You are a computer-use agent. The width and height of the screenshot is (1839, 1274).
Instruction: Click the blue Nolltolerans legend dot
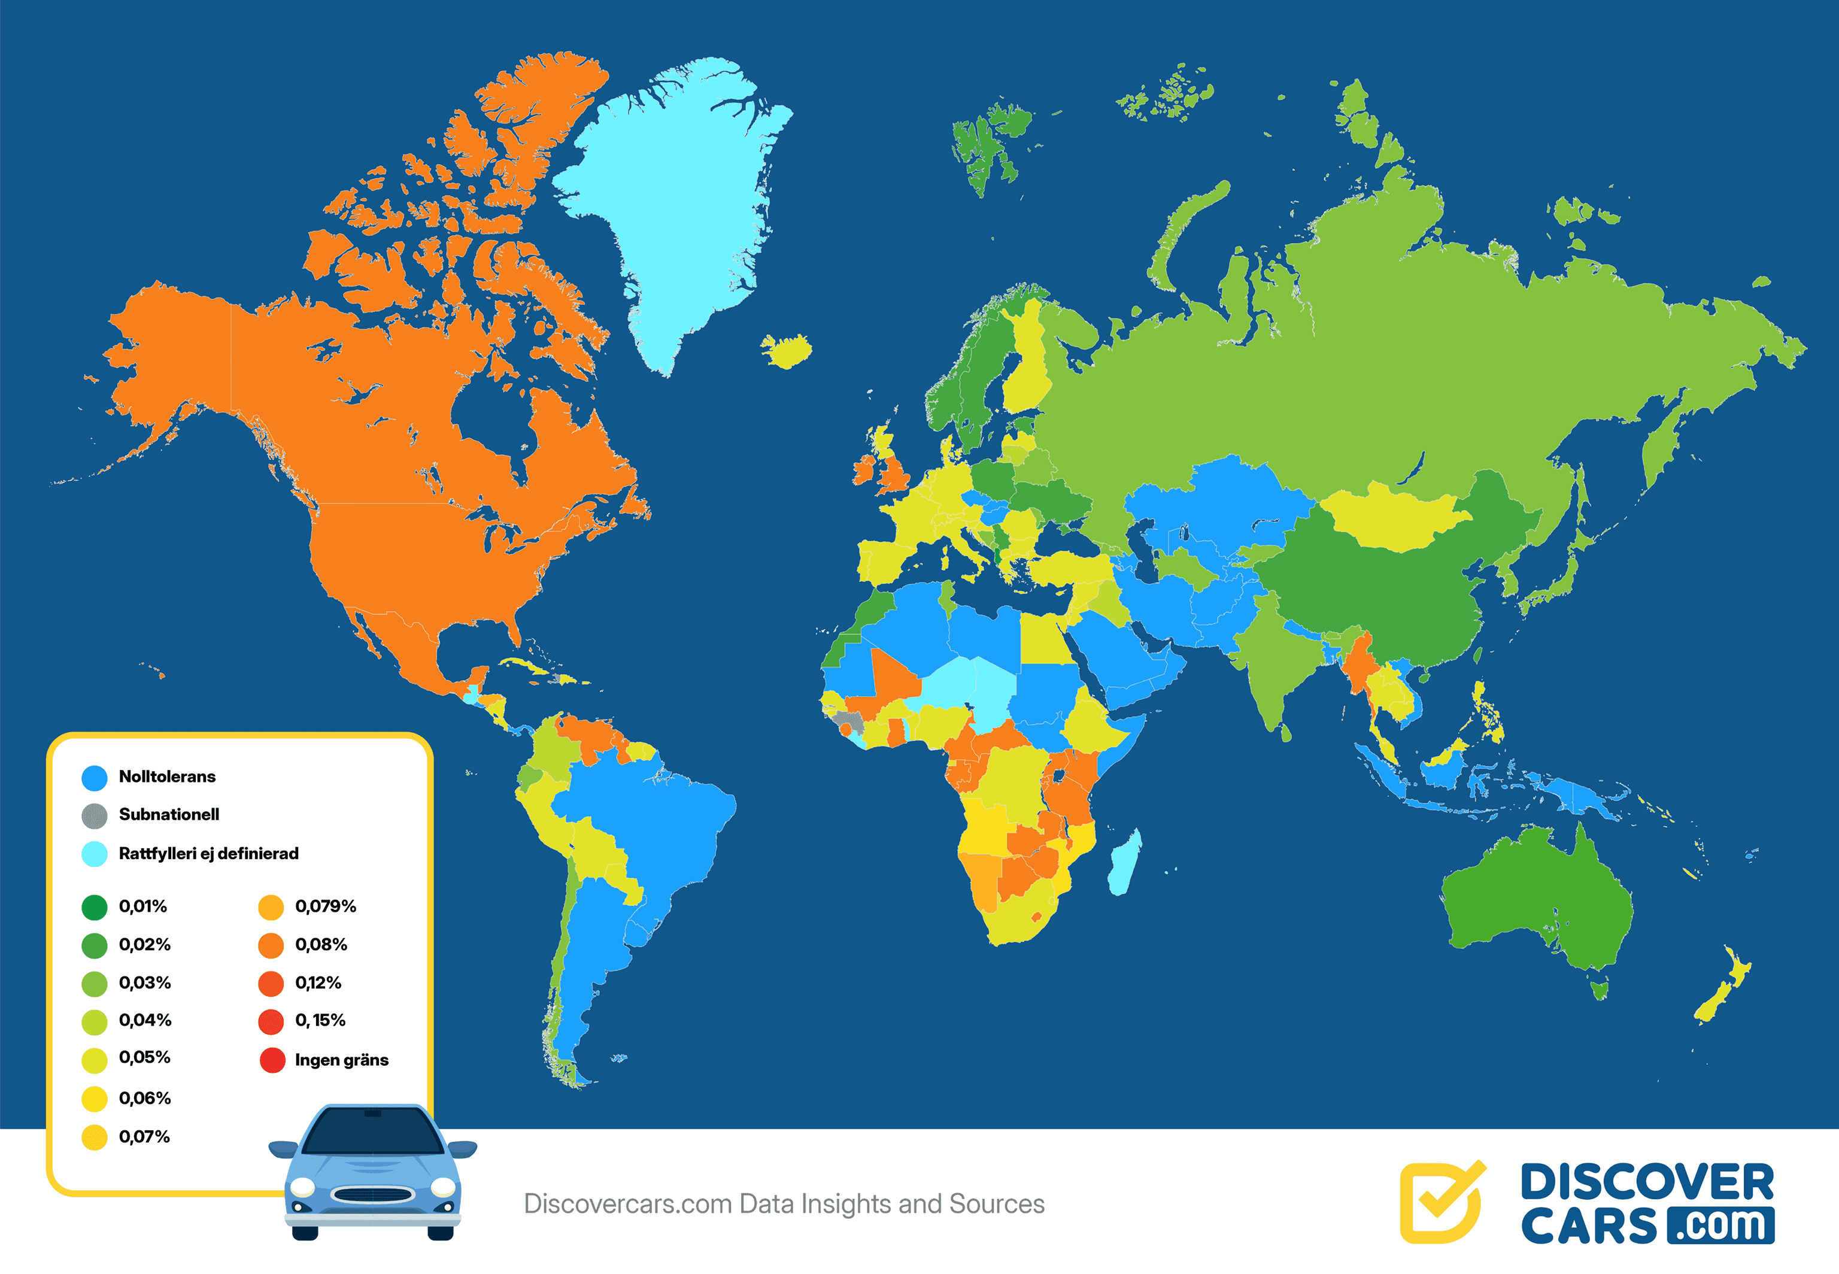click(94, 778)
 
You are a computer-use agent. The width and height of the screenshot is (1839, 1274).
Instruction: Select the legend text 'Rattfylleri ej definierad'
click(208, 853)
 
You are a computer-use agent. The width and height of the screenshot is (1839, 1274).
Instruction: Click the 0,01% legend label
click(143, 906)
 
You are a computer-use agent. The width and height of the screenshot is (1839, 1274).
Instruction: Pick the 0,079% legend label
click(325, 906)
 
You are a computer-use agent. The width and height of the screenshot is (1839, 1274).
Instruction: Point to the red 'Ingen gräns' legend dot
click(272, 1060)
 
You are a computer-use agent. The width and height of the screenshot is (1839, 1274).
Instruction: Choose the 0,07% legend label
click(144, 1137)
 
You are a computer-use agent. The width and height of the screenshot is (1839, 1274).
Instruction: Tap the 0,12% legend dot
click(271, 984)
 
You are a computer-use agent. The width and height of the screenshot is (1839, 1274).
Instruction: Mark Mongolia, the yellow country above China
click(1393, 519)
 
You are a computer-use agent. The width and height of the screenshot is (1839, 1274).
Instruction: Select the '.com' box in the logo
click(1724, 1226)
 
